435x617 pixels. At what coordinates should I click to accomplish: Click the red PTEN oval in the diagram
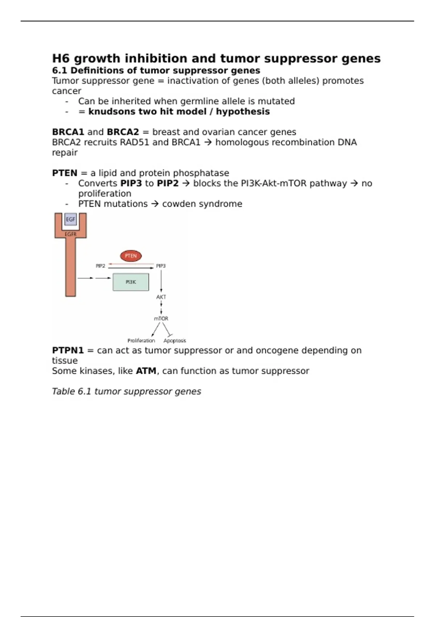131,256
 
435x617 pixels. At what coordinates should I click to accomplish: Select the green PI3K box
131,282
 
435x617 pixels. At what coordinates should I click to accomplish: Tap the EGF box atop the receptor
71,219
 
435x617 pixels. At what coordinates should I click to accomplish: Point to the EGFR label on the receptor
71,234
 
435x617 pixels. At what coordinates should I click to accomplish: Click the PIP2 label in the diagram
100,266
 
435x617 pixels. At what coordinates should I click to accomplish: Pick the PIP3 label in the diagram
161,266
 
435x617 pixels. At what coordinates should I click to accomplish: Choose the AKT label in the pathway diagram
161,297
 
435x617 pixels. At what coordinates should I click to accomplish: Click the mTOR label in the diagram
161,318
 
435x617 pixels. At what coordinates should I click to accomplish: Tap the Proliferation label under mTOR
141,340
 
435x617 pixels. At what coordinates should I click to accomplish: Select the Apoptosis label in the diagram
175,340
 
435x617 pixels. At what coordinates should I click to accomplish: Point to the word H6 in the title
61,58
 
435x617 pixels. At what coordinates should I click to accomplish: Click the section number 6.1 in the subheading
59,70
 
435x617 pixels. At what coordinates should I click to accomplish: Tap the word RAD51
134,142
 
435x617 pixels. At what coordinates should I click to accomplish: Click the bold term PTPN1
68,350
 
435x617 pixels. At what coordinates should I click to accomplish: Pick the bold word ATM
146,371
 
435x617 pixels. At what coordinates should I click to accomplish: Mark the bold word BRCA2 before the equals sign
123,132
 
